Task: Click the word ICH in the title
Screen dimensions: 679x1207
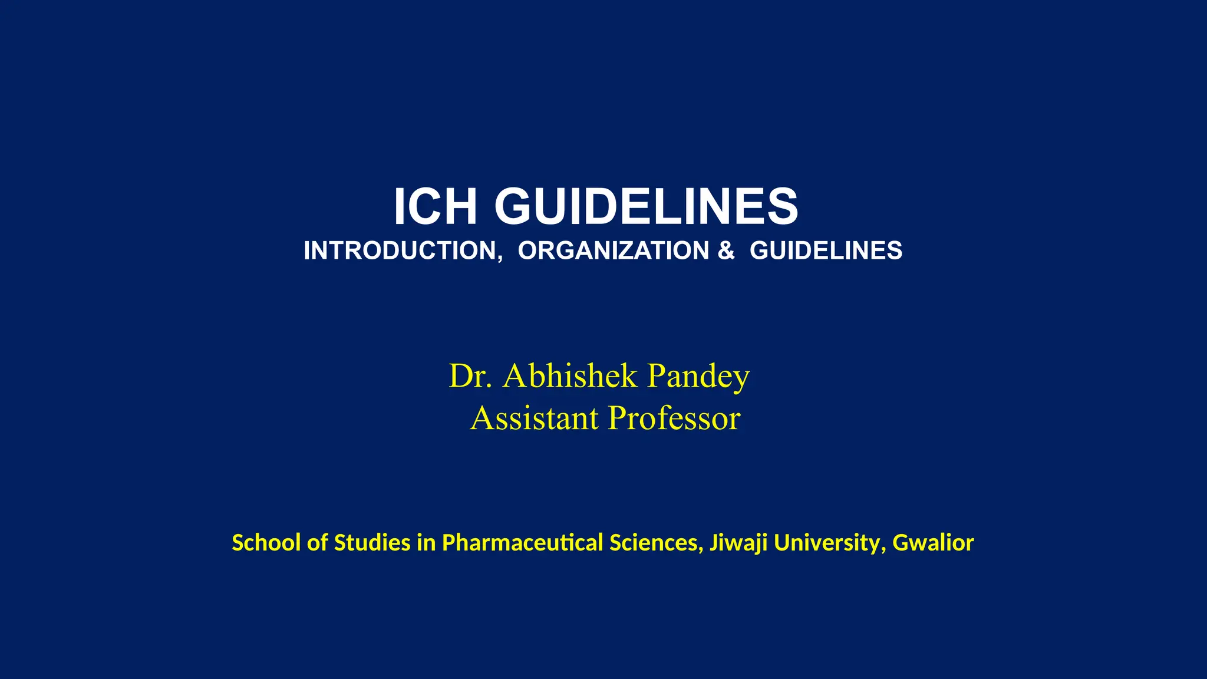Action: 435,206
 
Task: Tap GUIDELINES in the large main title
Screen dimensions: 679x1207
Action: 646,206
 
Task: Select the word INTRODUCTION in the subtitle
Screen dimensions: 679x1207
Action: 403,250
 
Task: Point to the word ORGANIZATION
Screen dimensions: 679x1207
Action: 613,250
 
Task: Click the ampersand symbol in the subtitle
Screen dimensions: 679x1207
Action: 726,250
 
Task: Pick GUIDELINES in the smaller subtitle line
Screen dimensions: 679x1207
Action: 826,250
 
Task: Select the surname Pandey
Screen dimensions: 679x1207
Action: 698,377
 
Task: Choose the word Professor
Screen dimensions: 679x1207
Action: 674,418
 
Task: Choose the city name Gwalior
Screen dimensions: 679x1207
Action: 932,543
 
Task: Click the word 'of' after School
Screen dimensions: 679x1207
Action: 317,543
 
